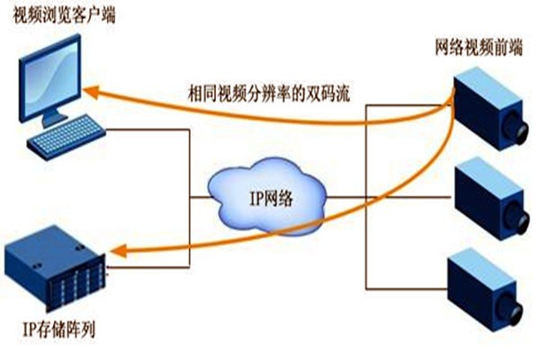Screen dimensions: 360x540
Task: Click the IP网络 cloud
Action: click(x=262, y=193)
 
